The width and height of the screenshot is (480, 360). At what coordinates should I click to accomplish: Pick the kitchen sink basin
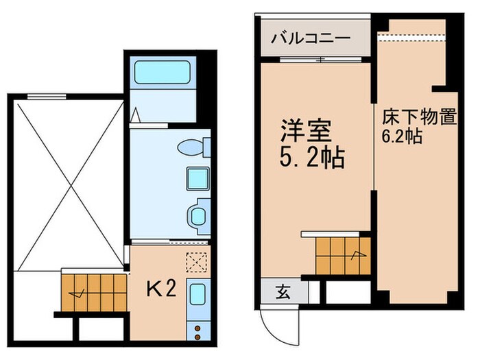(x=197, y=296)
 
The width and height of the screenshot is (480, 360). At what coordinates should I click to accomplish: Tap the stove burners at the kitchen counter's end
(x=197, y=331)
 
